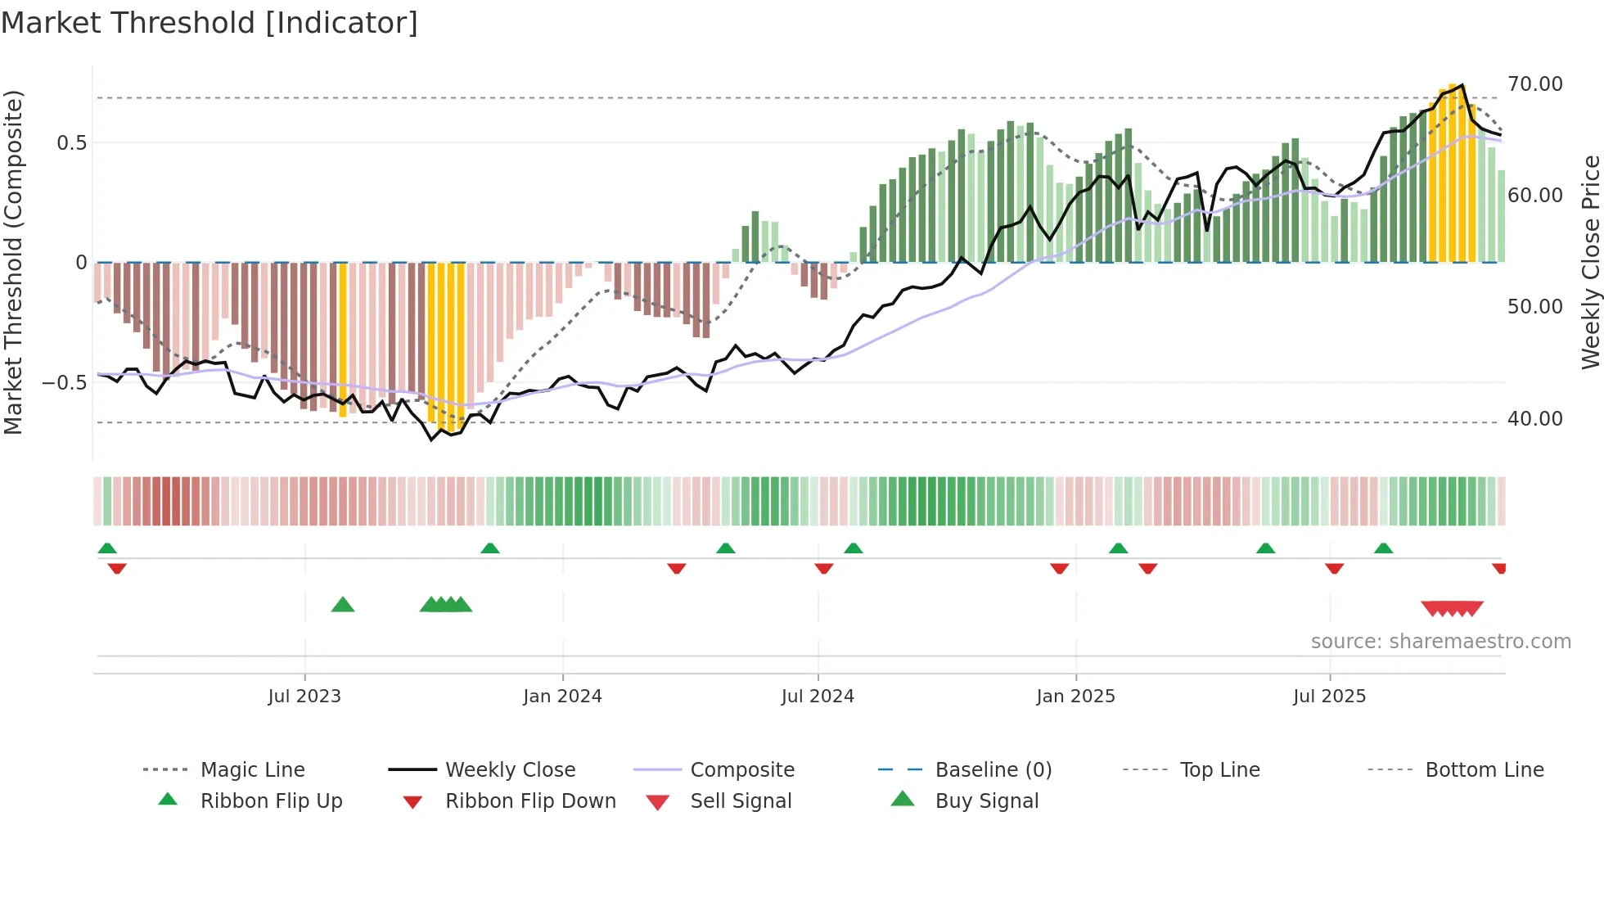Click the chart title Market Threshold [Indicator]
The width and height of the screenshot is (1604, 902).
(210, 23)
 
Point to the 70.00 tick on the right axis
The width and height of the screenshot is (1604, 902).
(1534, 84)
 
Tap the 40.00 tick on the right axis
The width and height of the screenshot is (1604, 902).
(1534, 419)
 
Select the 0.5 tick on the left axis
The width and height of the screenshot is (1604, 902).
(71, 143)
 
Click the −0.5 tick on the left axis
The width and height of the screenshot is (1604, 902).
(64, 383)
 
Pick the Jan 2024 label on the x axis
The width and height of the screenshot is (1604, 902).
(562, 697)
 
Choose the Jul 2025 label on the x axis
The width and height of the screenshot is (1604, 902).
(1329, 697)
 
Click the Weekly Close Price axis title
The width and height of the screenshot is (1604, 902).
(1590, 262)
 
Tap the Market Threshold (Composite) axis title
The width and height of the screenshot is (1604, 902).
(13, 262)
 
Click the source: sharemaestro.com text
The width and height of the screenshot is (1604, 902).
(1440, 642)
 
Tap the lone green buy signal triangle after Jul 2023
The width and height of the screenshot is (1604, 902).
(343, 606)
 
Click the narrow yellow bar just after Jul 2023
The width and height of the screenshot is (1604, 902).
(343, 340)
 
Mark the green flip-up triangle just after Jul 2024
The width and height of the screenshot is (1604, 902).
(853, 548)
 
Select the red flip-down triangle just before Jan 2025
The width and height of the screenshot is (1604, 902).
(1059, 568)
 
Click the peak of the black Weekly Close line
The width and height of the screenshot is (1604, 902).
(1462, 85)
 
